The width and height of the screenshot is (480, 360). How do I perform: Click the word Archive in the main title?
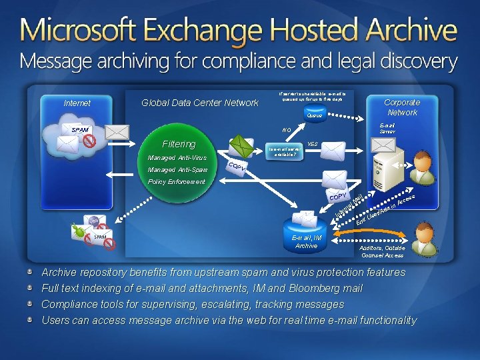[407, 30]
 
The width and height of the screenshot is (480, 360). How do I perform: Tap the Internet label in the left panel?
[77, 103]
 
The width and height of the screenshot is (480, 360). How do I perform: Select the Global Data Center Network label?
[200, 103]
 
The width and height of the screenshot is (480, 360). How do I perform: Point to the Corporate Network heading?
[402, 107]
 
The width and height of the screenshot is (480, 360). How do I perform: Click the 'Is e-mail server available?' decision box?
[285, 151]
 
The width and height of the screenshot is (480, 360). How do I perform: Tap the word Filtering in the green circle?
[179, 144]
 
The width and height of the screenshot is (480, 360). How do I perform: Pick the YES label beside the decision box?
[313, 143]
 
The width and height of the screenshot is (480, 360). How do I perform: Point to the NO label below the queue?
[287, 130]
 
